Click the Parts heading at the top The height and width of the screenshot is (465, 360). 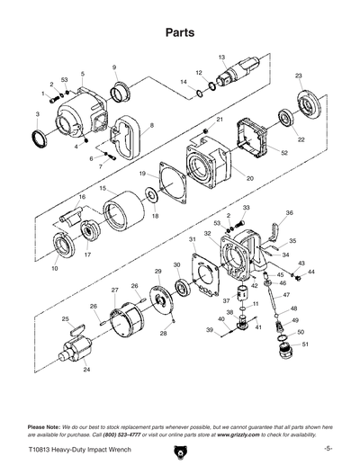(x=180, y=31)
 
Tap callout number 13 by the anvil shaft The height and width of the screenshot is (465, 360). (x=220, y=57)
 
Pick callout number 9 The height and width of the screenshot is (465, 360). (x=114, y=67)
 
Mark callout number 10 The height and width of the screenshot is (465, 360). (x=54, y=268)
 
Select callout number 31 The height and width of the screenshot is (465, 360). (x=192, y=238)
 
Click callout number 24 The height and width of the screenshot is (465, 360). (x=86, y=370)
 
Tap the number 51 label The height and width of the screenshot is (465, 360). (x=304, y=344)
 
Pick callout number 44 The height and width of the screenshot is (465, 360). (x=311, y=271)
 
